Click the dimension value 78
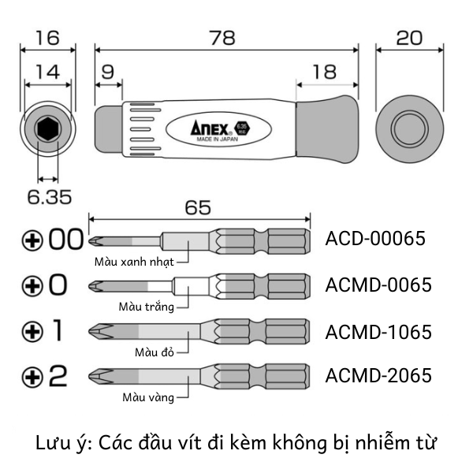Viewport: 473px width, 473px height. pos(225,37)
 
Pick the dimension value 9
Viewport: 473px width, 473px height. pos(109,72)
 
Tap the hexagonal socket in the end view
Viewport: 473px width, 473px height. pos(47,128)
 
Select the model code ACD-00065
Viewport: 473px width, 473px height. pos(375,238)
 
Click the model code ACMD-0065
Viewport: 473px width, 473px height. pos(378,285)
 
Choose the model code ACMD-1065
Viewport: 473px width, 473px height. pos(378,332)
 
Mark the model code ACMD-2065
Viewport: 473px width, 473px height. pos(378,375)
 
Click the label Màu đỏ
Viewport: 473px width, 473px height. pos(153,351)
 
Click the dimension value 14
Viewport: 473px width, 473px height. pos(47,72)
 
